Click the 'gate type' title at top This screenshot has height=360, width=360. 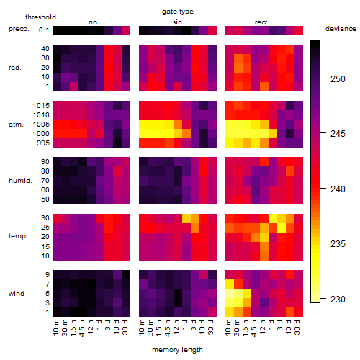[x=178, y=12]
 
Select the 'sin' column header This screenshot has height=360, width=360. [x=177, y=22]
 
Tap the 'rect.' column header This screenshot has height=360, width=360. [x=262, y=22]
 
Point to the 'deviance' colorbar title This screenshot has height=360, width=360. [x=341, y=29]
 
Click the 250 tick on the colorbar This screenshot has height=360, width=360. [x=338, y=78]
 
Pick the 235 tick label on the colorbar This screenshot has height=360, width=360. [x=338, y=244]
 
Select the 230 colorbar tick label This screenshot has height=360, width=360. [x=338, y=299]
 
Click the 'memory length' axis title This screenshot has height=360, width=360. [x=178, y=350]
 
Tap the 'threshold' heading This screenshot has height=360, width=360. [x=40, y=17]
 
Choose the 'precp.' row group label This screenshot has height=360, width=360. [x=19, y=29]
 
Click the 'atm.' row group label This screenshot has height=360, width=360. [x=16, y=125]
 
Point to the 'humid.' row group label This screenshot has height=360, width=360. [x=20, y=180]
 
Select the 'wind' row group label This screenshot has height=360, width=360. [x=17, y=293]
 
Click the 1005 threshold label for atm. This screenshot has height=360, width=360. [x=41, y=125]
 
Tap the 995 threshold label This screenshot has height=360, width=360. [x=43, y=143]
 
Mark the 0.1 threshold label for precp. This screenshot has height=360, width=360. [x=44, y=30]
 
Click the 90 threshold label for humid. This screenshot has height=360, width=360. [x=45, y=162]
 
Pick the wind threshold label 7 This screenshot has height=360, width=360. [x=48, y=284]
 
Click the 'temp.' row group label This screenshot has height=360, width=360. [x=18, y=236]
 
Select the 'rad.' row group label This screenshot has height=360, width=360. [x=15, y=68]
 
